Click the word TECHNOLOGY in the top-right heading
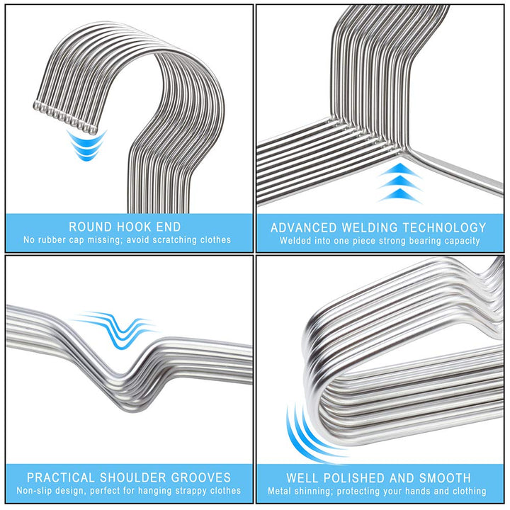(444, 227)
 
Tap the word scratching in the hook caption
(171, 240)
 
